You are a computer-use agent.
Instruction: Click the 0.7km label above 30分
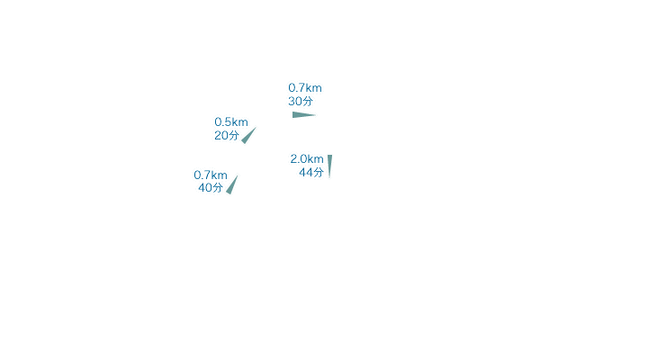tap(305, 88)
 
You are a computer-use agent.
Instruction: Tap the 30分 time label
tap(301, 102)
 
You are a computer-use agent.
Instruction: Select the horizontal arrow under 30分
tap(304, 115)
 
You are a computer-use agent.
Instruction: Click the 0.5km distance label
tap(231, 122)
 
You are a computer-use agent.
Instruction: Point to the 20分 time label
tap(227, 136)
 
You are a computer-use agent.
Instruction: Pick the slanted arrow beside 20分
tap(248, 136)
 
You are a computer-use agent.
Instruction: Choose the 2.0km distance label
tap(307, 159)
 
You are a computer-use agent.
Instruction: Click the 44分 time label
tap(311, 173)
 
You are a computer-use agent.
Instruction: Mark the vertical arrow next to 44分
tap(329, 166)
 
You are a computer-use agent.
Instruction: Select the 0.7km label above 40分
tap(211, 175)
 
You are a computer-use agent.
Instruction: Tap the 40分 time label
tap(211, 188)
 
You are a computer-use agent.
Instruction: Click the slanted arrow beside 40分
tap(232, 184)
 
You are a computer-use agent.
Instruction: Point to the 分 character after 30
tap(308, 102)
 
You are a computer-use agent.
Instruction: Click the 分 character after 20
tap(234, 136)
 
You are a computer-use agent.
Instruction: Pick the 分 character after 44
tap(319, 173)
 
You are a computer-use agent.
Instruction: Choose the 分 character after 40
tap(218, 188)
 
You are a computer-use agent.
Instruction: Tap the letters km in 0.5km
tap(239, 122)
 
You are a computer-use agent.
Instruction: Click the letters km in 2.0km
tap(315, 159)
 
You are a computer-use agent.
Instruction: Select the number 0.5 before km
tap(223, 122)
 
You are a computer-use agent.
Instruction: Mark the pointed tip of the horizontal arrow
tap(316, 115)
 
